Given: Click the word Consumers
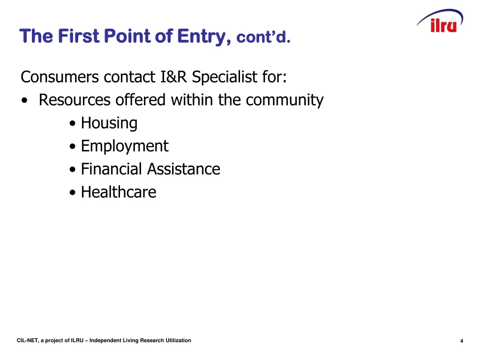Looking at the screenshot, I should coord(60,76).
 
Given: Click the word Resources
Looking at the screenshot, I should coord(75,100).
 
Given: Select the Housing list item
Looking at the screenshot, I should coord(109,123).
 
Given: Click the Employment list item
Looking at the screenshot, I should coord(124,146).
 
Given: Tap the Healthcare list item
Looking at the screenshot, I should coord(119,192).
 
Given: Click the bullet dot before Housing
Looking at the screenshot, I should coord(72,124).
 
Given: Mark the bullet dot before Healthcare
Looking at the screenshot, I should coord(72,193).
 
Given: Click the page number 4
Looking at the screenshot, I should coord(462,341).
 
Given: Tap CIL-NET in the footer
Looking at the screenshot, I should coord(27,340).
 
